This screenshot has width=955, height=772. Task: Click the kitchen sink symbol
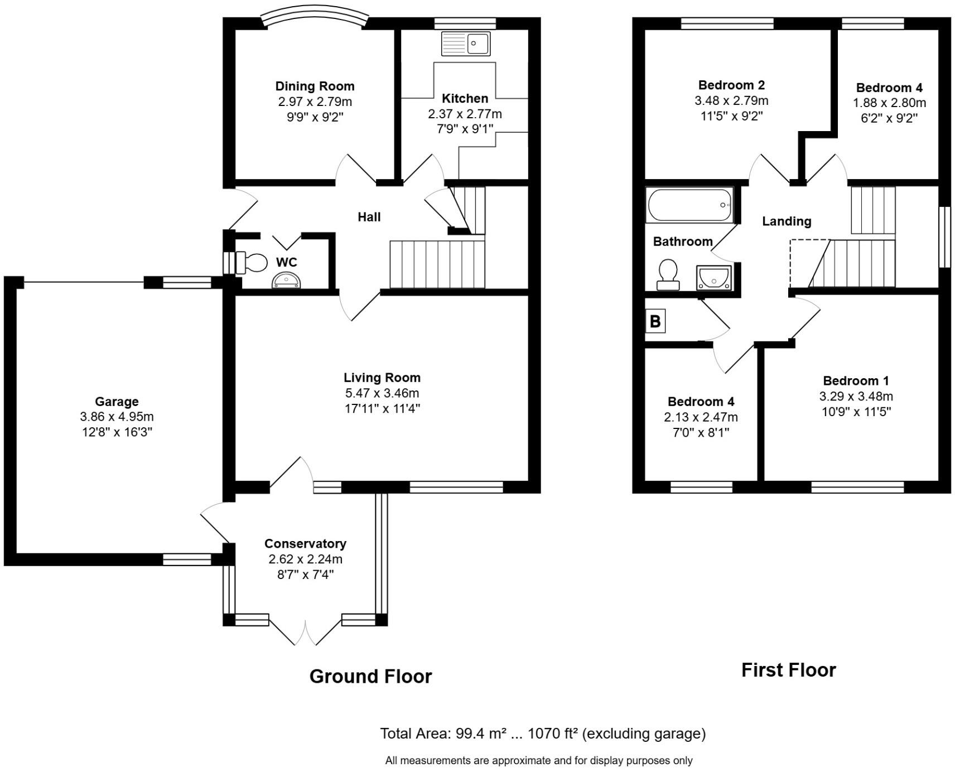coord(466,44)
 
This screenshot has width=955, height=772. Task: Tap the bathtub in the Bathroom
coord(689,205)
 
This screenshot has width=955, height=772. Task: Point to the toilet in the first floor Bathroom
coord(668,274)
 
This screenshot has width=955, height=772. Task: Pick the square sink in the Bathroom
coord(713,277)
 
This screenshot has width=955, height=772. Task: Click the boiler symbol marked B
coord(655,322)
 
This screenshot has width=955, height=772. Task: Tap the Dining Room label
coord(315,86)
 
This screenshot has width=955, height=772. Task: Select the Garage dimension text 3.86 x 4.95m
coord(117,417)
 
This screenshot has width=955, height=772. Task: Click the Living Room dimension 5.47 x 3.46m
coord(382,393)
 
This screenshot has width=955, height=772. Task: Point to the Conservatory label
coord(305,543)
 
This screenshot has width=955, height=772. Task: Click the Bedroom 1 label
coord(856,381)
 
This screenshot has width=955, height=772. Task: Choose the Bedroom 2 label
coord(731,85)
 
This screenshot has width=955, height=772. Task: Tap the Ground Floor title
coord(370,676)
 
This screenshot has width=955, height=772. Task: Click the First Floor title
coord(788,670)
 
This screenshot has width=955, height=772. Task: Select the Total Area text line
coord(542,734)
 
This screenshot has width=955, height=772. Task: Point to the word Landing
coord(787,221)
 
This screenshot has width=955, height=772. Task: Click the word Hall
coord(369,217)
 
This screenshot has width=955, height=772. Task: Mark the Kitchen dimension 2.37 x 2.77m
coord(465,114)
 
